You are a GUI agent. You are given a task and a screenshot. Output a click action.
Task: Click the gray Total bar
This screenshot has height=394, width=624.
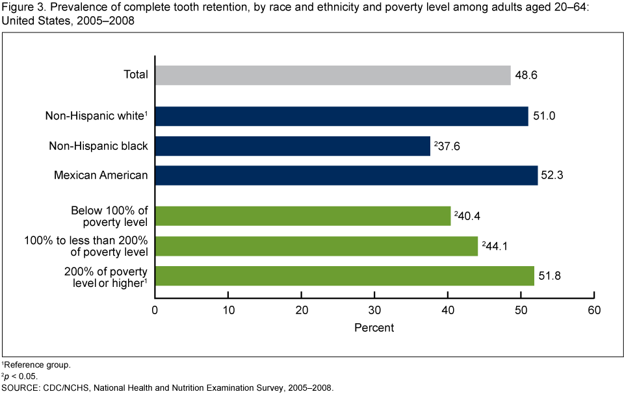click(333, 75)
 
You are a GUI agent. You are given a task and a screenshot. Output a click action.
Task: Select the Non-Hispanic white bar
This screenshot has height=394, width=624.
click(341, 116)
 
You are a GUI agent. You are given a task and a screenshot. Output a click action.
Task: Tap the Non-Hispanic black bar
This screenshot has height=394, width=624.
click(292, 146)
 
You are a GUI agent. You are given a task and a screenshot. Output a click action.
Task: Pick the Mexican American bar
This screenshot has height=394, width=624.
click(346, 175)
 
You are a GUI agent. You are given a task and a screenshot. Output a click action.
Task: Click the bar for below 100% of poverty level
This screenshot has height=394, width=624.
click(303, 216)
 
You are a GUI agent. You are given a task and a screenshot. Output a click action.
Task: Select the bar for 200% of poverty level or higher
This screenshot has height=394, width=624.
click(344, 276)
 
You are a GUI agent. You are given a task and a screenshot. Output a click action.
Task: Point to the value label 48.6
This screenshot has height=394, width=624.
click(526, 75)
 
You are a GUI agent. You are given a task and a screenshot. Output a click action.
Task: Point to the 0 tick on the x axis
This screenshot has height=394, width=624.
click(155, 310)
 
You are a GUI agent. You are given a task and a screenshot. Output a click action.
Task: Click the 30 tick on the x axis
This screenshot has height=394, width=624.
click(374, 310)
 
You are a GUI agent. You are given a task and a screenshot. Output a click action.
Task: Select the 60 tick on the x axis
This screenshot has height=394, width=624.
click(593, 310)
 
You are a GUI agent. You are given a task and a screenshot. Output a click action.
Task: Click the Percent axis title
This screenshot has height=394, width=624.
click(374, 328)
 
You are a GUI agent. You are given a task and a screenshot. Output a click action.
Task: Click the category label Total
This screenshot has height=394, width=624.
click(136, 75)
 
